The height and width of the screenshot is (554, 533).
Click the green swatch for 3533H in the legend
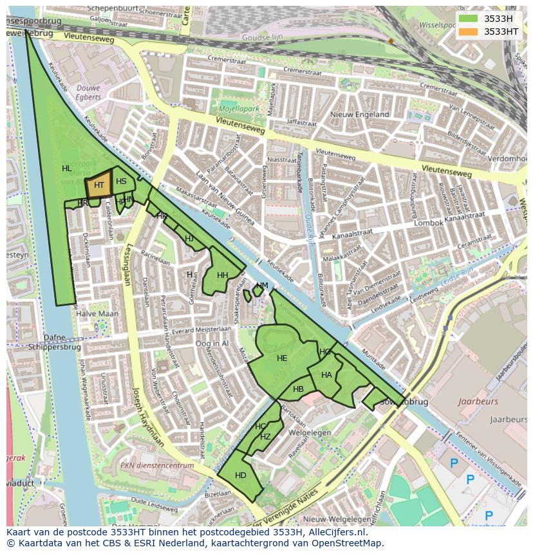coord(468,19)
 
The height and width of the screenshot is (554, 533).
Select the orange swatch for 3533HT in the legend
coord(468,31)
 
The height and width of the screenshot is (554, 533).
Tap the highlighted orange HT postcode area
coord(98,185)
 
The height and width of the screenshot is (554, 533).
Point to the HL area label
coord(67,169)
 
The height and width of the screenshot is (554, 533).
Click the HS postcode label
coord(121,181)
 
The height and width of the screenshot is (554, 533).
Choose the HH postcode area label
coord(222,275)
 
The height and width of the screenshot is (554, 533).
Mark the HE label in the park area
coord(282,358)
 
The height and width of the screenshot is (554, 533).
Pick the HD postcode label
coord(240,476)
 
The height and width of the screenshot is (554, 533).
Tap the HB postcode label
coord(298,389)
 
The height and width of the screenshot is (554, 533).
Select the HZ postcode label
coord(265,436)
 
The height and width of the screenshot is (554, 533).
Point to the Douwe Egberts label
coord(89,92)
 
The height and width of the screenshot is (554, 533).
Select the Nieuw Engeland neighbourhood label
coord(359,115)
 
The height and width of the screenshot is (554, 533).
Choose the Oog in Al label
coord(212,344)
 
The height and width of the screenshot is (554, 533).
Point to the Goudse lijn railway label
coord(263,38)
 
